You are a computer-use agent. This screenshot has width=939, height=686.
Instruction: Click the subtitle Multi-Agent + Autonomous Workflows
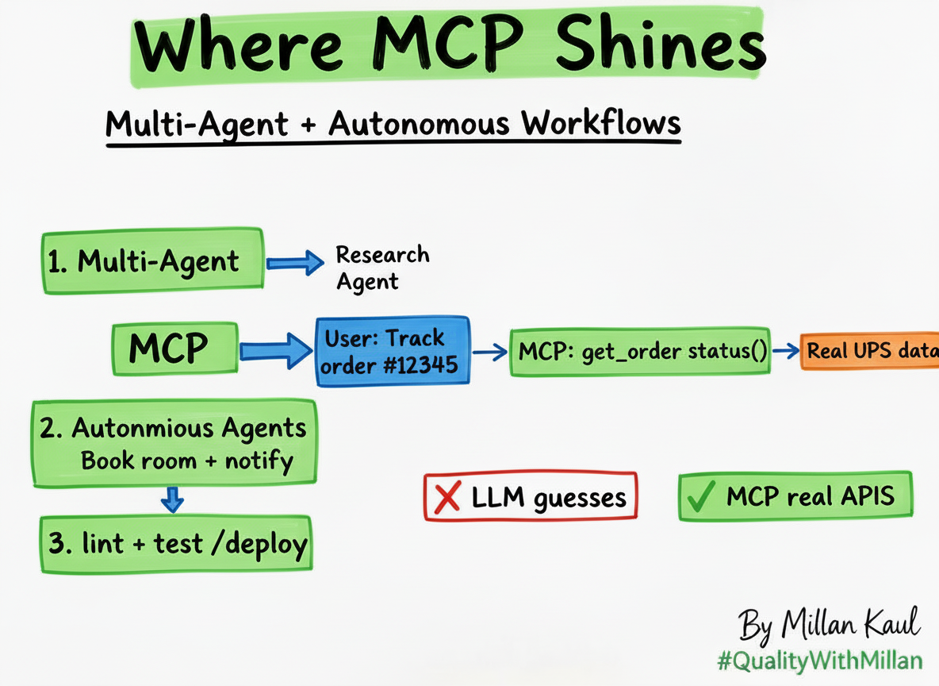point(393,125)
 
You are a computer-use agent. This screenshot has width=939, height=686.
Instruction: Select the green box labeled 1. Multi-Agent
point(151,261)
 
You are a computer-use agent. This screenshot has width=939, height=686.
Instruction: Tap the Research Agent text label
point(382,268)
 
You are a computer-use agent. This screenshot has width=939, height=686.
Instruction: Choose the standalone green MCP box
point(174,348)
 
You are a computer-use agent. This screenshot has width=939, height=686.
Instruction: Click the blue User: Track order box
point(393,351)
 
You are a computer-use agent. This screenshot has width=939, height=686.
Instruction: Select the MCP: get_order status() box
point(639,351)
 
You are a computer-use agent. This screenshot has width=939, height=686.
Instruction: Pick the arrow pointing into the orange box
point(786,351)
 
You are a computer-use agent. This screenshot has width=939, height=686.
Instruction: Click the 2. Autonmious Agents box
point(174,442)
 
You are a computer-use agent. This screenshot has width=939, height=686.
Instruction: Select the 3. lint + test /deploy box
point(176,543)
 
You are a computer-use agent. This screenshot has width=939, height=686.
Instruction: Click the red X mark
point(448,498)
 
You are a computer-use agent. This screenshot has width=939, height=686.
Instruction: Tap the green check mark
point(701,497)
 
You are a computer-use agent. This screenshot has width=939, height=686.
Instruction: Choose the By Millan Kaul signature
point(830,624)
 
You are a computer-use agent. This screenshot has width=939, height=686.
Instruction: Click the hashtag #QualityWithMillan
point(819,661)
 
